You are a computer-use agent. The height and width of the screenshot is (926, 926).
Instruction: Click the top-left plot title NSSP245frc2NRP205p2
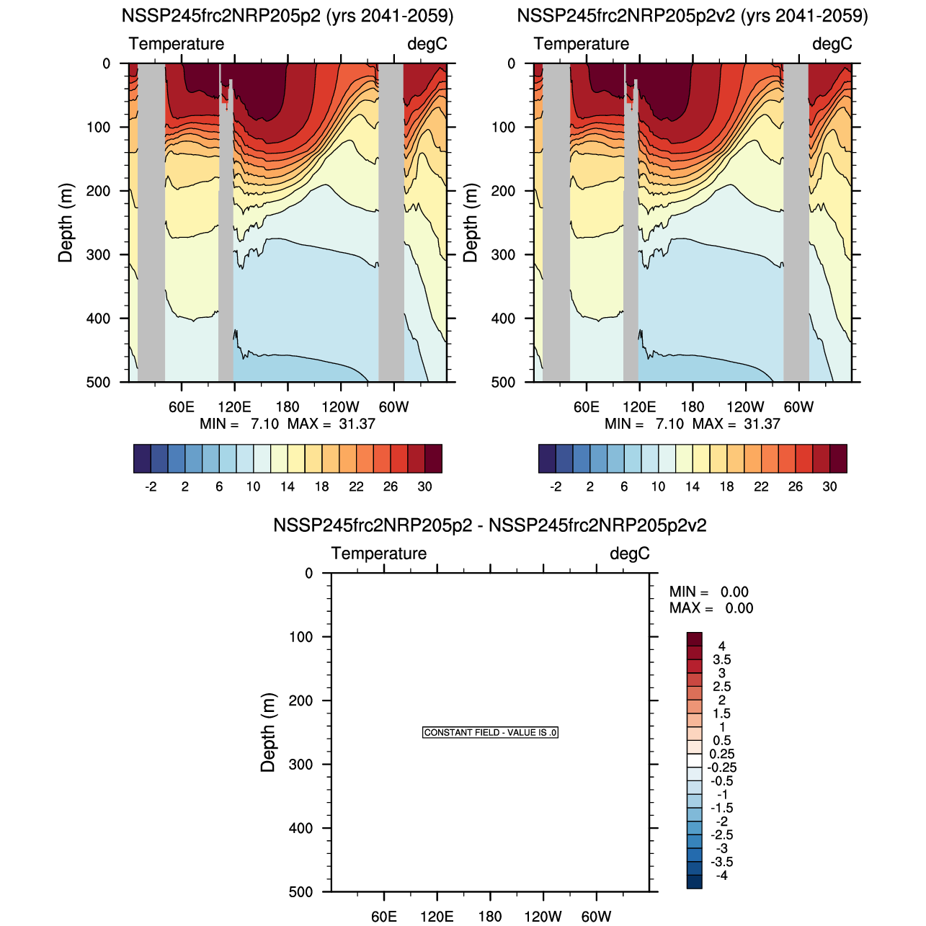pyautogui.click(x=288, y=16)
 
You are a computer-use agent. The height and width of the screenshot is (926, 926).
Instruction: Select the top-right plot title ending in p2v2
pyautogui.click(x=693, y=16)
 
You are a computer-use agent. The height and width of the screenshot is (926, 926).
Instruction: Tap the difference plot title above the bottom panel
pyautogui.click(x=489, y=525)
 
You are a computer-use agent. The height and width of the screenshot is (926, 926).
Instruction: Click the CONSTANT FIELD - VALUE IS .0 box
pyautogui.click(x=490, y=732)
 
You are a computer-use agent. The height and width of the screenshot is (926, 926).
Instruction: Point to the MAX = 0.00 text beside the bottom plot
pyautogui.click(x=711, y=608)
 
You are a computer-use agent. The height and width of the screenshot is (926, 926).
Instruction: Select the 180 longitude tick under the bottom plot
pyautogui.click(x=490, y=916)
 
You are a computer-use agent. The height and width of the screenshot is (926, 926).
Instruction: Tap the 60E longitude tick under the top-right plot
pyautogui.click(x=587, y=406)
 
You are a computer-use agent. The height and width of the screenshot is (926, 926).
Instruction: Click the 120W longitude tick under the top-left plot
pyautogui.click(x=340, y=406)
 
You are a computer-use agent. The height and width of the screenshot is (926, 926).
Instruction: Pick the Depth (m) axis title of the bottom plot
pyautogui.click(x=268, y=732)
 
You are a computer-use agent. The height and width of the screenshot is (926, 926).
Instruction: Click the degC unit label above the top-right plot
pyautogui.click(x=832, y=44)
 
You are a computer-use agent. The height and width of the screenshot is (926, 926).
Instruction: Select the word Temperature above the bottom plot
pyautogui.click(x=379, y=553)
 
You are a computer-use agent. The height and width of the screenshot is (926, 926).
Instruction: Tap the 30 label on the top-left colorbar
pyautogui.click(x=425, y=486)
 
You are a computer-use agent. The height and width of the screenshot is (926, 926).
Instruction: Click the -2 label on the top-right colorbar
pyautogui.click(x=556, y=486)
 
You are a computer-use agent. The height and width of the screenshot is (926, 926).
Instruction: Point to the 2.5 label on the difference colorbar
pyautogui.click(x=721, y=687)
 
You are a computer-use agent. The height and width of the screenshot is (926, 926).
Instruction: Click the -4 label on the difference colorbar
pyautogui.click(x=721, y=876)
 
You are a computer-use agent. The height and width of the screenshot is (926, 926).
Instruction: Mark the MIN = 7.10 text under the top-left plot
pyautogui.click(x=239, y=424)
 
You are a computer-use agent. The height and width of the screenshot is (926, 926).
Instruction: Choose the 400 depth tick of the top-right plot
pyautogui.click(x=503, y=319)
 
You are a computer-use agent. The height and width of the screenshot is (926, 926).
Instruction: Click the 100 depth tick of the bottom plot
pyautogui.click(x=300, y=637)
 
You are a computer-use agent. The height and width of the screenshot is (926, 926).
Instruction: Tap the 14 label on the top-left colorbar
pyautogui.click(x=288, y=486)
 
